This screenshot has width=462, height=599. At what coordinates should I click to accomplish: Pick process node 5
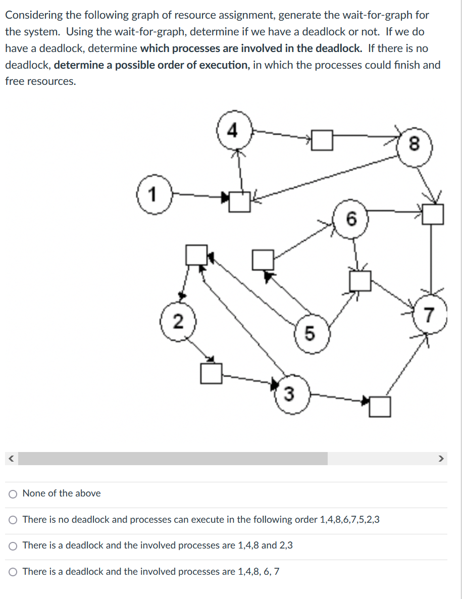pos(310,333)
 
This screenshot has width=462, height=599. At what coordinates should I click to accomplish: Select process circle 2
pos(176,322)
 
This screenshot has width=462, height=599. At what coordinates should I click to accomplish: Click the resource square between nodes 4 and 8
pos(323,140)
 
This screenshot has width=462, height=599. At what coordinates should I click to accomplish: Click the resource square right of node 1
pos(239,202)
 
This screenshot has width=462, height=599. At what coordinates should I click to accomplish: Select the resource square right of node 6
pos(433,214)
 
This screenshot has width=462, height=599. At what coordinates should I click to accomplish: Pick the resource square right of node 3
pos(380,407)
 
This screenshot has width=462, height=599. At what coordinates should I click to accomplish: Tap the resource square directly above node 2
pos(196,255)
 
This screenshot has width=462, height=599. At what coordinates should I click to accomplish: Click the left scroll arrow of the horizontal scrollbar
pos(10,459)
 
